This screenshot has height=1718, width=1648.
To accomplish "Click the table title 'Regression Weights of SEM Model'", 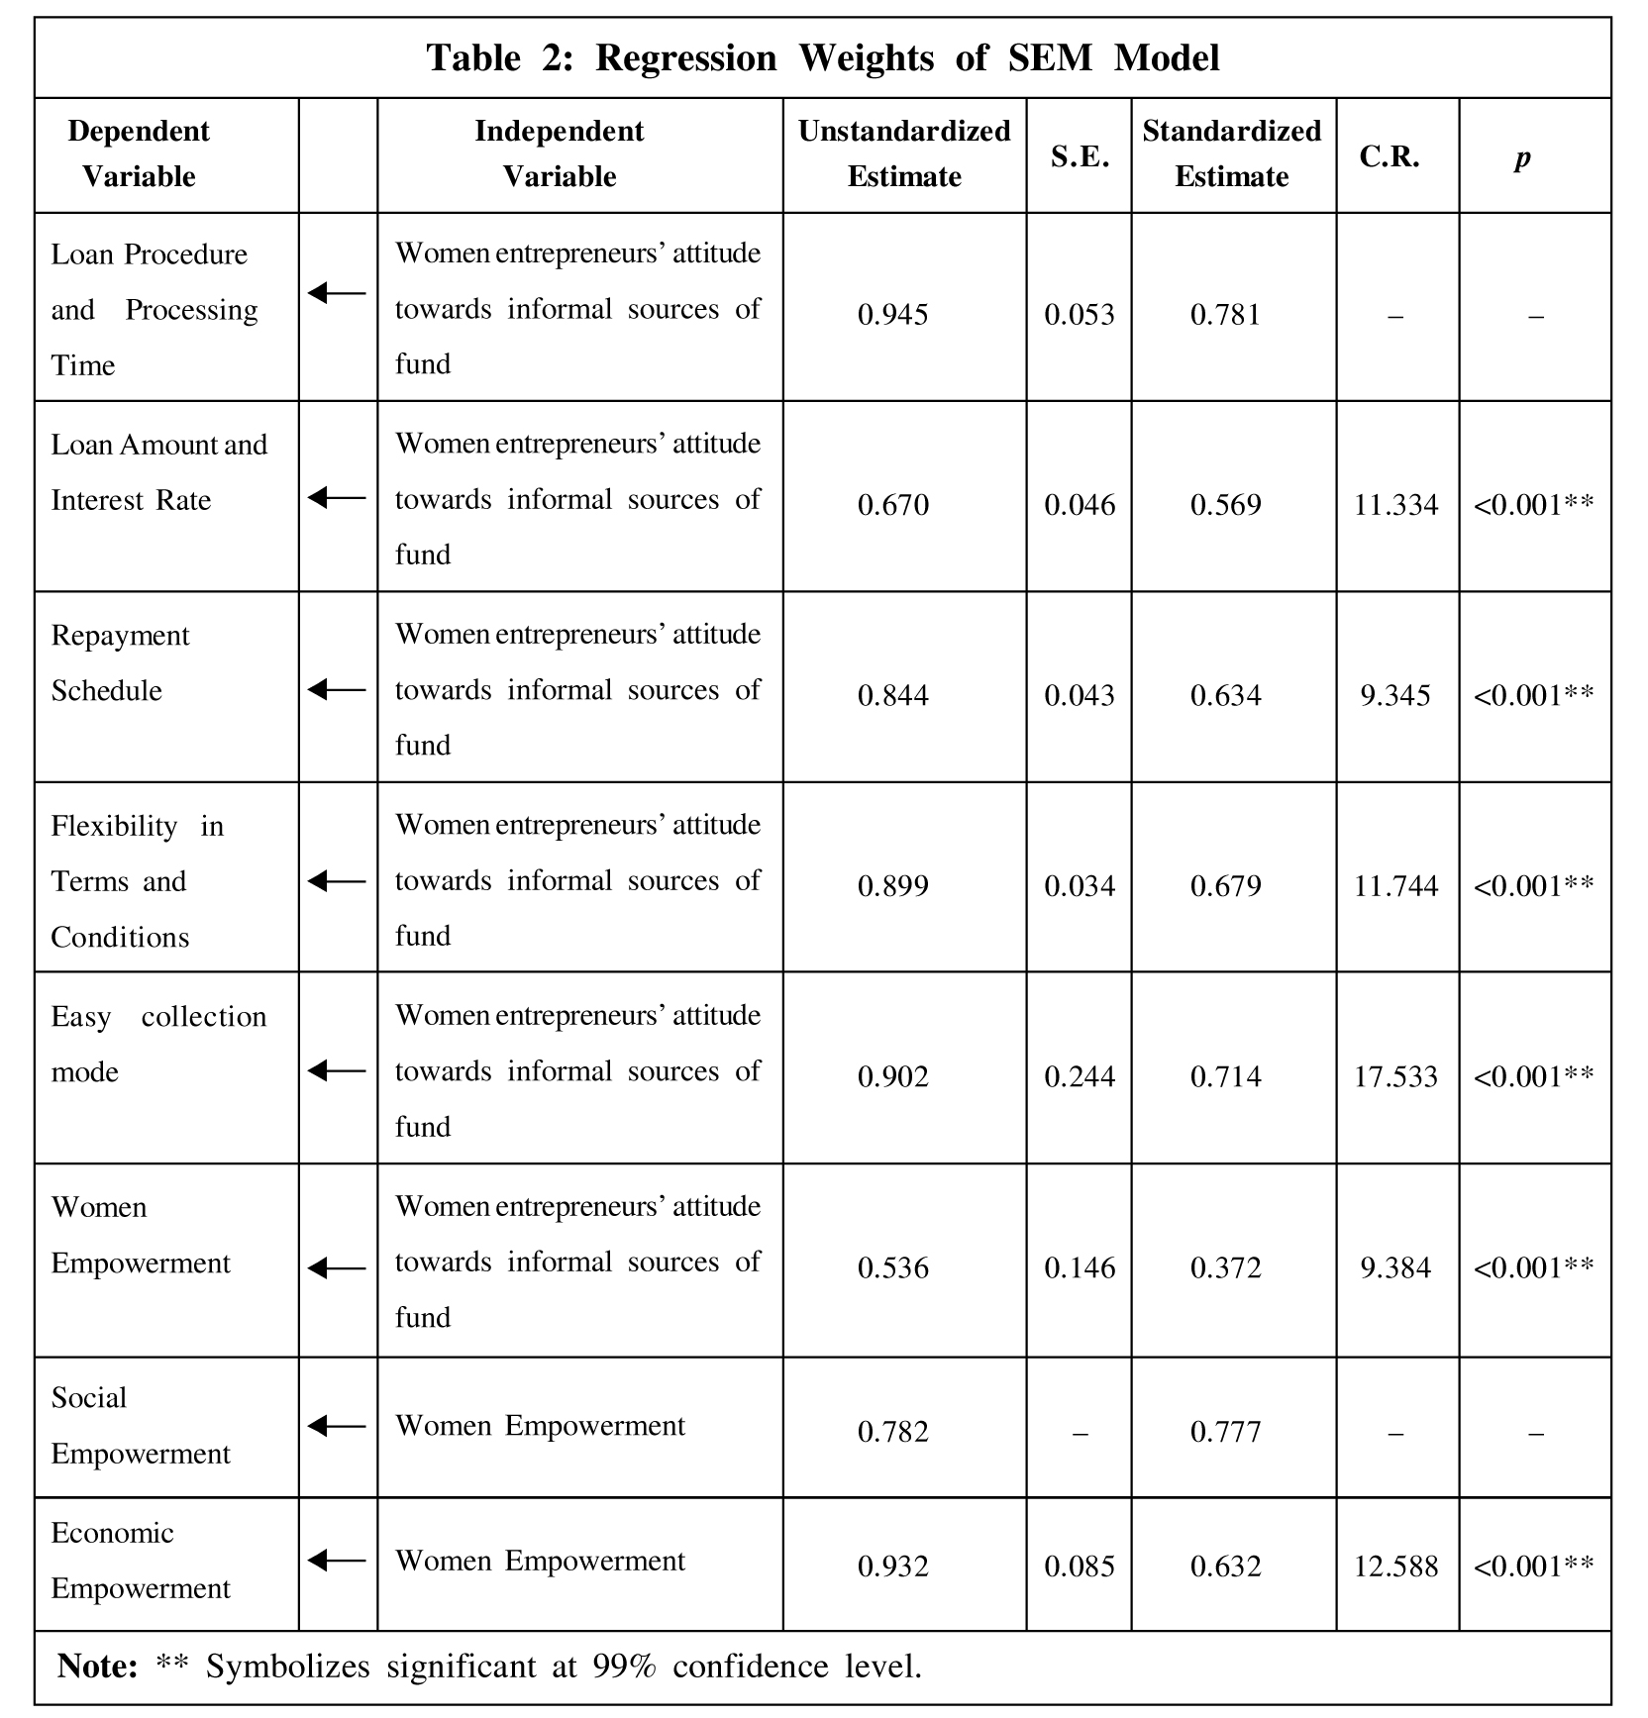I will [x=822, y=58].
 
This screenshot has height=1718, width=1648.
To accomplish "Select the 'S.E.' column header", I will [x=1080, y=156].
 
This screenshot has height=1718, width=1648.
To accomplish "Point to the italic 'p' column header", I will [x=1522, y=157].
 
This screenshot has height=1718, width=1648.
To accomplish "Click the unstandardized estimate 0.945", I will [x=892, y=315].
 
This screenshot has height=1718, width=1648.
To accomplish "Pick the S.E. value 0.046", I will [x=1080, y=505].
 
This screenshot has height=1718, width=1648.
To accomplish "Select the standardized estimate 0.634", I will [x=1225, y=695].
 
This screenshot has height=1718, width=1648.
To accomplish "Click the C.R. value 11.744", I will [x=1395, y=885].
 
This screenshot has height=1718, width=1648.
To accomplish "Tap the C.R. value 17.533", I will [x=1395, y=1076].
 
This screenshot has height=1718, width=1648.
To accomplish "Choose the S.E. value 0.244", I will [x=1080, y=1076].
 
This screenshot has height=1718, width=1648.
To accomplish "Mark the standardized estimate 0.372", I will [x=1225, y=1267].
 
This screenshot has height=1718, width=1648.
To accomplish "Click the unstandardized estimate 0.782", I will [x=892, y=1432].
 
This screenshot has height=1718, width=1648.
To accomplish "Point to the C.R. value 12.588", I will [x=1395, y=1566].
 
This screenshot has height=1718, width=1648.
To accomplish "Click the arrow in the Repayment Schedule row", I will [x=337, y=689].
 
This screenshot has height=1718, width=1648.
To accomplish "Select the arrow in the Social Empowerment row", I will [x=337, y=1426].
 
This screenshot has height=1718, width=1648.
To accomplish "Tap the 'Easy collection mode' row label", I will [x=158, y=1044].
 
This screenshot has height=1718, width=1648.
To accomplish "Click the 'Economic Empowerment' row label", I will [x=140, y=1561].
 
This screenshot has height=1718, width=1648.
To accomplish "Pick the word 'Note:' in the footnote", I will [x=97, y=1667].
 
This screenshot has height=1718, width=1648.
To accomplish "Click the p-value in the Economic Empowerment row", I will [x=1533, y=1566].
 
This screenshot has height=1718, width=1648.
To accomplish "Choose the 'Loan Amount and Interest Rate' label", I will [x=158, y=472].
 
